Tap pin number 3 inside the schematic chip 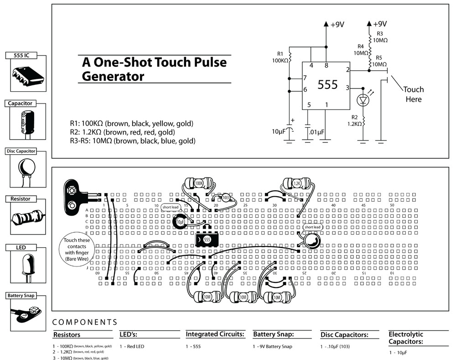pyautogui.click(x=347, y=88)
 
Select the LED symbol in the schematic pyautogui.click(x=363, y=99)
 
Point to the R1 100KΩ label pyautogui.click(x=280, y=57)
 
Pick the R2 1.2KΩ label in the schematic pyautogui.click(x=354, y=120)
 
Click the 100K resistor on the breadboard pyautogui.click(x=198, y=183)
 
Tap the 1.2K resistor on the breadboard pyautogui.click(x=296, y=183)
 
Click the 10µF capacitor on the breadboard pyautogui.click(x=179, y=222)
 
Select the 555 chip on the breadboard pyautogui.click(x=206, y=239)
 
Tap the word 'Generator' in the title pyautogui.click(x=113, y=76)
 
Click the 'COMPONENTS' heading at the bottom pyautogui.click(x=85, y=322)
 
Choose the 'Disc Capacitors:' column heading pyautogui.click(x=344, y=335)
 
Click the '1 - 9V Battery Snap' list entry pyautogui.click(x=272, y=347)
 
